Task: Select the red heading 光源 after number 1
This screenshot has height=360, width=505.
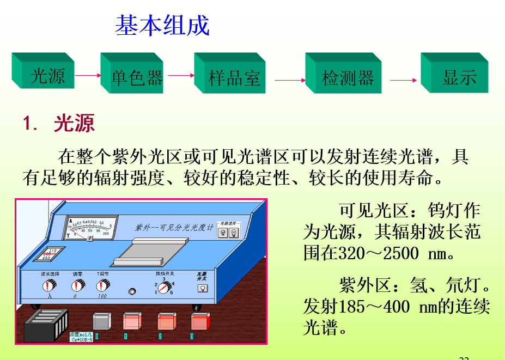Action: (74, 124)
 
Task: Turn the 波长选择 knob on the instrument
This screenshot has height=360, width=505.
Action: (50, 285)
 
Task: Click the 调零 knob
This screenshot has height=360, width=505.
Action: (77, 285)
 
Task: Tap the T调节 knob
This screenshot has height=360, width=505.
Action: (102, 285)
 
